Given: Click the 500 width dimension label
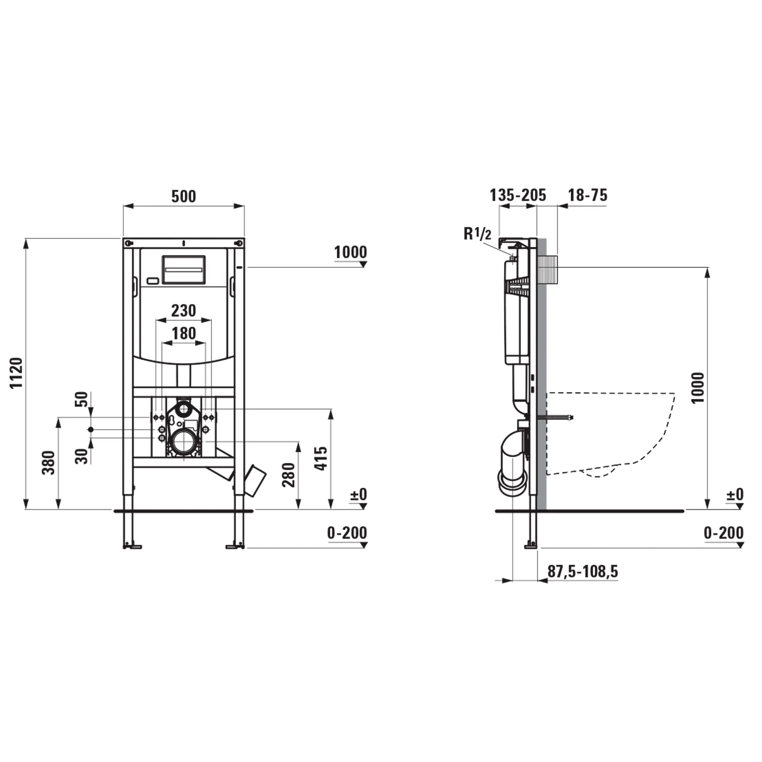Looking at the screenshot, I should coord(183,196).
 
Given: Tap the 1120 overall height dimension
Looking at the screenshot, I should coord(17,373).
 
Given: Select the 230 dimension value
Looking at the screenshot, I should coord(183,311).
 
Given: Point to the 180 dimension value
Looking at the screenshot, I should coord(184,333).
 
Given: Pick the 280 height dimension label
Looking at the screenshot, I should coord(289,475).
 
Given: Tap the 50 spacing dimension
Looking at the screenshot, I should coord(81,399).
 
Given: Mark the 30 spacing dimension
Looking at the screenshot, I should coord(81,456).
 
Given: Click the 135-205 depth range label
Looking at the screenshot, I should coord(518,195).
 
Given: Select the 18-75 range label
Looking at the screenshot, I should coord(587,195).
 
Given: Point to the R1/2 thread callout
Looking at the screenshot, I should coord(477,234).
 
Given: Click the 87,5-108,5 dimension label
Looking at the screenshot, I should coord(583,571).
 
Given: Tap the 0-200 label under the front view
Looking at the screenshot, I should coord(346,533).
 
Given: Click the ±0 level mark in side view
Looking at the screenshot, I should coord(735,495).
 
